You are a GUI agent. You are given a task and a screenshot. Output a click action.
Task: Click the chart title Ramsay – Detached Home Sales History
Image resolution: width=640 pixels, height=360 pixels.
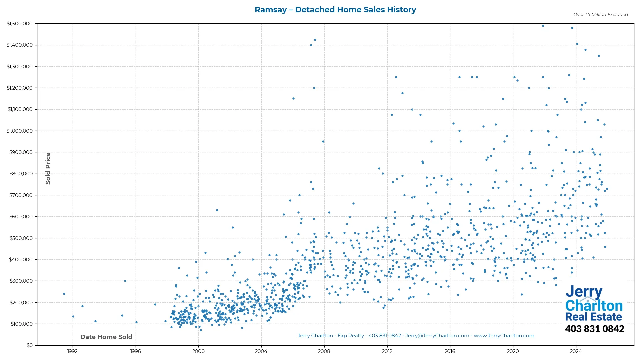coord(335,10)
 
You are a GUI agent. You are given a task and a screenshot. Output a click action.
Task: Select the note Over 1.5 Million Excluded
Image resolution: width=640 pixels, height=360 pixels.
coord(600,15)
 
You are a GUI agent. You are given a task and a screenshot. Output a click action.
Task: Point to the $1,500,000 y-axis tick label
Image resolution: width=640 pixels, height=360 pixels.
coord(19,24)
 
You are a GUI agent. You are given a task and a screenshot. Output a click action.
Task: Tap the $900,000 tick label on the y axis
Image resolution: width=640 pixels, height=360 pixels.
coord(21,152)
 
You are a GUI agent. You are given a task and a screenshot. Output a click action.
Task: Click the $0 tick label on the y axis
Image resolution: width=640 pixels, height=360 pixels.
coord(30,345)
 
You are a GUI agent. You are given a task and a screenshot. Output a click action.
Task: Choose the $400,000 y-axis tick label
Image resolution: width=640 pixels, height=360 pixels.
coord(21,260)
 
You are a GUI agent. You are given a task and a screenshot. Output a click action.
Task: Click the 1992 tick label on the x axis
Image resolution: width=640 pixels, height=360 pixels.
coord(73,351)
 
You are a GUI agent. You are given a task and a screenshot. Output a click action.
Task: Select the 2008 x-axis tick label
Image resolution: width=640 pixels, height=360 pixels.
coord(324,351)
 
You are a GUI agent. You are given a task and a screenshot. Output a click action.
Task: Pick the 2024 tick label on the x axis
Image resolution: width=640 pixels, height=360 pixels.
coord(576,351)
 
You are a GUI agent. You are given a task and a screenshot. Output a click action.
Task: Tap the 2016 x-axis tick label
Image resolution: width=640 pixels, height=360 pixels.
coord(450,351)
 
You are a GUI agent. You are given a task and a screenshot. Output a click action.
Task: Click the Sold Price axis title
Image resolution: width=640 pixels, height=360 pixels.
coord(48,168)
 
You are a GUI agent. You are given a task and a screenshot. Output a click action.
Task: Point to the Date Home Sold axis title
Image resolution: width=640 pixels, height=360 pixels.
coord(106,337)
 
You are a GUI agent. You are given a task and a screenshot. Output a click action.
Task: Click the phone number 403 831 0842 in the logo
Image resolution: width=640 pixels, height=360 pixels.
coord(594,329)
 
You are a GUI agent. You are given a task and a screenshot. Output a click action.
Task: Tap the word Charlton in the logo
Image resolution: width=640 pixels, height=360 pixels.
coord(594,306)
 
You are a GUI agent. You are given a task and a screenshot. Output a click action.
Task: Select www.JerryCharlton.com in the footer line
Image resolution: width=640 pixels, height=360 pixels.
coord(504,336)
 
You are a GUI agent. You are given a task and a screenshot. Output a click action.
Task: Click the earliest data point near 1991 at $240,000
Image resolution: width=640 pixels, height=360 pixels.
coord(64,294)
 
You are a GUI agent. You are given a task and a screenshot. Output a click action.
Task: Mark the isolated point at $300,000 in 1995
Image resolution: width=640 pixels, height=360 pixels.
coord(125,281)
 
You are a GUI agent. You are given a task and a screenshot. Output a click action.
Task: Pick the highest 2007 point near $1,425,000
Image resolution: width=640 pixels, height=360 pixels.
coord(315,40)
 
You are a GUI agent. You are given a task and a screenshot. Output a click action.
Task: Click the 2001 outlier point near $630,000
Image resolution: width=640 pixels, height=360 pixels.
coord(217,210)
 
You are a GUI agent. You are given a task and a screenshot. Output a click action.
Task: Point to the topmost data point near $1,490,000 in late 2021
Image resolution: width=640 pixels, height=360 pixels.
coord(543,26)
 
